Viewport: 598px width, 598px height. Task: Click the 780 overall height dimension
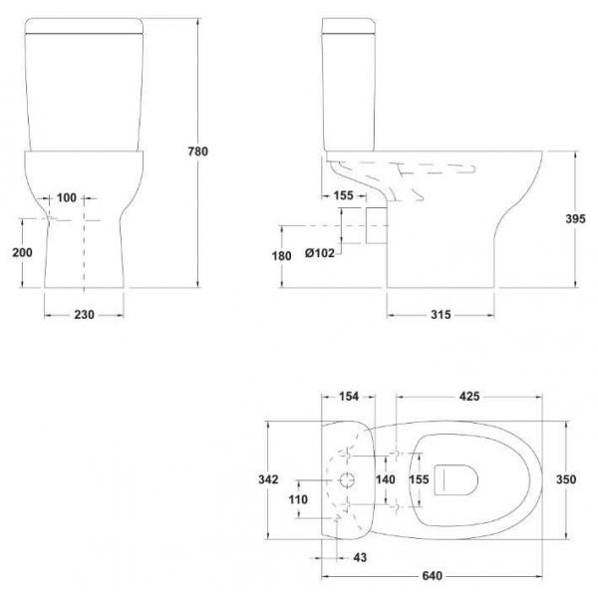coord(198,151)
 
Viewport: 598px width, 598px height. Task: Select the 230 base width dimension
coord(84,315)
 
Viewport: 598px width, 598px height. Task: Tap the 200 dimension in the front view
coord(22,252)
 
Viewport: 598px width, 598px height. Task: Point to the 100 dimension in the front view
coord(67,197)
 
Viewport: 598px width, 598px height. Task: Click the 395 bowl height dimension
coord(575,219)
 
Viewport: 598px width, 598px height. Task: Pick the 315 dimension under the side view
coord(441,315)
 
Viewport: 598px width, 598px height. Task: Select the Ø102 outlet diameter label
coord(320,253)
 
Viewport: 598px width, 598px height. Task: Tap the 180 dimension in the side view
coord(281,256)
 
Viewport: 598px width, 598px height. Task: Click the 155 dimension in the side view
coord(343,195)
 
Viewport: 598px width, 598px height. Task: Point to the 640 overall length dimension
coord(433,575)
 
